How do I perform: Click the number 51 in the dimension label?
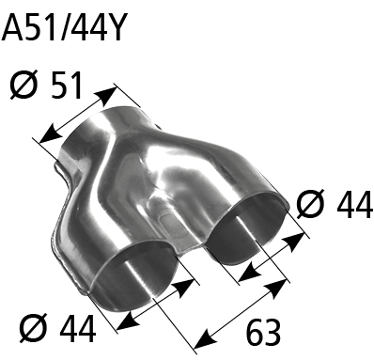click(x=66, y=86)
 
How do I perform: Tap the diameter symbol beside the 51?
click(x=23, y=86)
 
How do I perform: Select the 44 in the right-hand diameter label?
click(x=354, y=206)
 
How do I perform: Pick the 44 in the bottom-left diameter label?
click(x=78, y=329)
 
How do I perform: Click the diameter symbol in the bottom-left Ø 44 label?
click(x=34, y=329)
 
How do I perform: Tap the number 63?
click(x=263, y=332)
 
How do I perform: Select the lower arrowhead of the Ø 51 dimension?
click(x=50, y=134)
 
